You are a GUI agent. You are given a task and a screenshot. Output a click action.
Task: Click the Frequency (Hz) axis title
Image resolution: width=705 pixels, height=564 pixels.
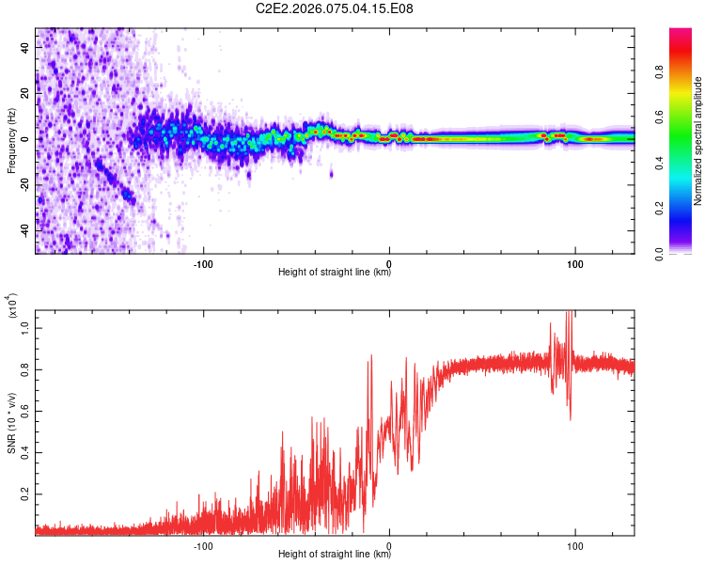[11, 140]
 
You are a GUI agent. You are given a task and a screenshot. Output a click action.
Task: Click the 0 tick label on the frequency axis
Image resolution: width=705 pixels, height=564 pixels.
[26, 139]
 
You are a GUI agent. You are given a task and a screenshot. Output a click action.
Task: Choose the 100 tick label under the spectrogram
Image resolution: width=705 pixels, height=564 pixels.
[574, 262]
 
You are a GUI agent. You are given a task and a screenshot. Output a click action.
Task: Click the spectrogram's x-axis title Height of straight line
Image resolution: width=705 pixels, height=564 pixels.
[335, 273]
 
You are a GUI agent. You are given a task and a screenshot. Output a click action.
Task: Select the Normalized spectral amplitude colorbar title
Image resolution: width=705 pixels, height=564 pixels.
[697, 140]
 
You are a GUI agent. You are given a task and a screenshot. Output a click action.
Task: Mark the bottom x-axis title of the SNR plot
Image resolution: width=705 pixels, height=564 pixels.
[335, 555]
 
